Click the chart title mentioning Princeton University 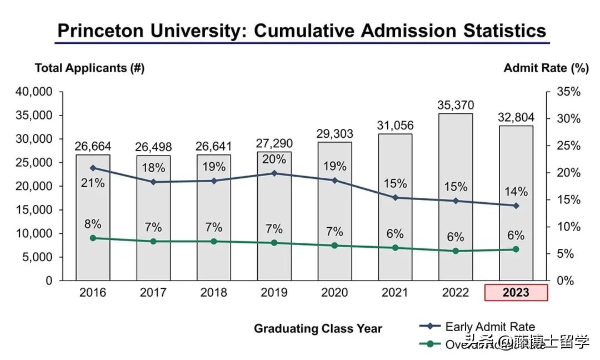click(x=302, y=30)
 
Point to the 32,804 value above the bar click(x=516, y=117)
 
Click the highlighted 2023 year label click(x=516, y=292)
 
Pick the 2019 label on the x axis click(x=274, y=292)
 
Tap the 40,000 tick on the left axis click(x=33, y=92)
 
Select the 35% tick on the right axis click(x=568, y=92)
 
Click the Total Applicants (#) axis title click(x=89, y=68)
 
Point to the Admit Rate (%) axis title click(x=546, y=68)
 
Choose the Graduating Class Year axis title click(x=318, y=328)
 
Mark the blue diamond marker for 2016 click(x=93, y=168)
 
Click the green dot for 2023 click(x=516, y=249)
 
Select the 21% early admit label click(x=93, y=182)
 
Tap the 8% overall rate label click(x=93, y=224)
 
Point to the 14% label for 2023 click(x=516, y=192)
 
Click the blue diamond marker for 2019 click(x=274, y=173)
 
